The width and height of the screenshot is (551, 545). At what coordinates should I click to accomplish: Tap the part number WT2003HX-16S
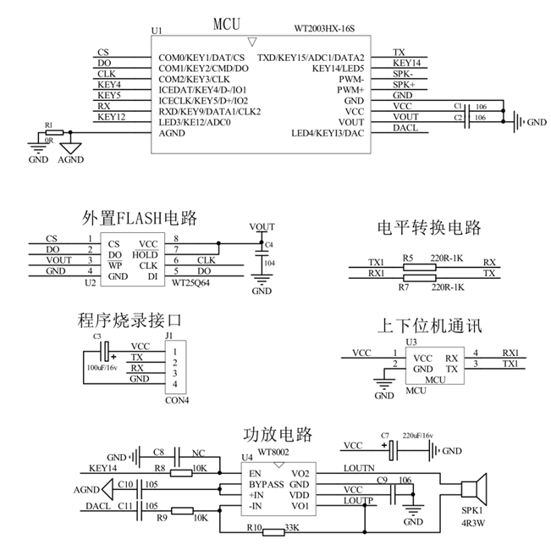pos(325,30)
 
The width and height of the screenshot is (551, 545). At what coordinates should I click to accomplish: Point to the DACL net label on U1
pos(405,128)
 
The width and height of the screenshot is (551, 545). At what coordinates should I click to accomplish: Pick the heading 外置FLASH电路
pos(140,219)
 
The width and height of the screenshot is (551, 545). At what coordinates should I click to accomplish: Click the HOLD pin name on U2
pos(146,253)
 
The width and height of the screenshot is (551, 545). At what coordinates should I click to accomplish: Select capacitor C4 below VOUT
pos(262,253)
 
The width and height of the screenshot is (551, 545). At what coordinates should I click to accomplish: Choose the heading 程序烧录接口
pos(129,321)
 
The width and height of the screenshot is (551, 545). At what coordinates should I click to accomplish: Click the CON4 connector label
pos(175,400)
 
